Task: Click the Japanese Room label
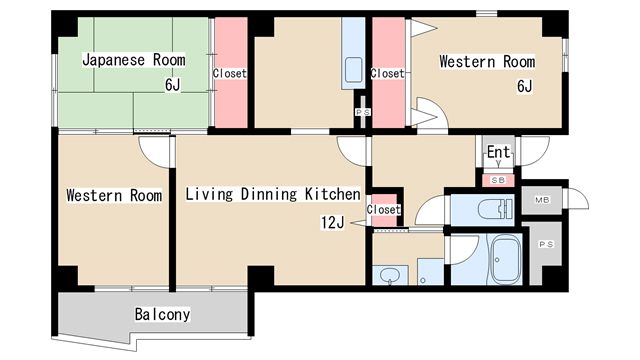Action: coord(133,60)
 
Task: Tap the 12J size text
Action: coord(332,222)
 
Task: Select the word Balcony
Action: coord(162,314)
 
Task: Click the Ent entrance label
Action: coord(498,152)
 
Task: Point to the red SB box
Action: coord(498,180)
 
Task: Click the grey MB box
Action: coord(542,200)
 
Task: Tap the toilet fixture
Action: coord(495,209)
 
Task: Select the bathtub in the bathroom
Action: coord(505,260)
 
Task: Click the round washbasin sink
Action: coord(390,276)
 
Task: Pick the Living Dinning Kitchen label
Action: coord(273,194)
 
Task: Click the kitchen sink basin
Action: coord(353,70)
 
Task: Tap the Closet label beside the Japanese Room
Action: coord(230,73)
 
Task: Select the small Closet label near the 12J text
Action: coord(383,210)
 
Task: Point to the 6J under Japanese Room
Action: coord(172,85)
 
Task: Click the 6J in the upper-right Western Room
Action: coord(524,86)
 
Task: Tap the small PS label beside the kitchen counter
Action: coord(362,112)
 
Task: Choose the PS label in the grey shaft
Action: coord(546,244)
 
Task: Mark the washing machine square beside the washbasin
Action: coord(430,271)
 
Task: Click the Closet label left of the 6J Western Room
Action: coord(387,73)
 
